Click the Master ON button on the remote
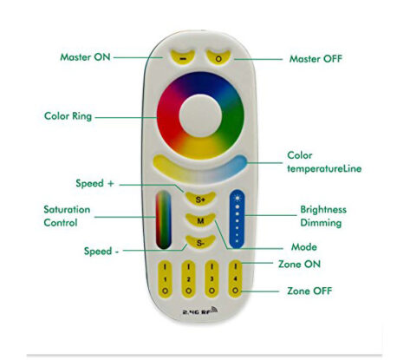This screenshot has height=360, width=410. click(x=183, y=56)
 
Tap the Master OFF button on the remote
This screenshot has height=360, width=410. click(x=220, y=56)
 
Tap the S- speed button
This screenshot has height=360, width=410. click(x=201, y=242)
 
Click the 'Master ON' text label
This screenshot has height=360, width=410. click(x=84, y=57)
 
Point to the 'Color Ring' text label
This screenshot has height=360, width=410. click(x=68, y=115)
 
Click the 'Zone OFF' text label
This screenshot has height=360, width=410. click(x=309, y=291)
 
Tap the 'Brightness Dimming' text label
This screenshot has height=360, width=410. click(x=322, y=216)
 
